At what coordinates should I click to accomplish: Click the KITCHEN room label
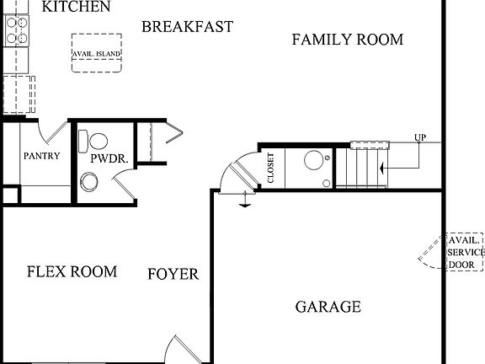[x=76, y=8]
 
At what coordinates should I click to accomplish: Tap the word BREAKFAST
[x=187, y=27]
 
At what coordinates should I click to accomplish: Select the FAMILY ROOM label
[x=347, y=40]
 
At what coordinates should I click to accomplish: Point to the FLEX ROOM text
[x=72, y=271]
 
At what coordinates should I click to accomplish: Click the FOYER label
[x=173, y=274]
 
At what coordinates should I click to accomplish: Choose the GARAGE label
[x=328, y=307]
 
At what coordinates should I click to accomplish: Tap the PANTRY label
[x=41, y=156]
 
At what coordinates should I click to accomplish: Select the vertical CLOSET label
[x=270, y=168]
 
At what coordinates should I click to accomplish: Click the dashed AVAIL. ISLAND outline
[x=97, y=53]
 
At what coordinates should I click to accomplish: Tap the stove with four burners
[x=17, y=30]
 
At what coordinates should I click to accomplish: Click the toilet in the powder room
[x=94, y=139]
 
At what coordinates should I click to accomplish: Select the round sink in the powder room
[x=90, y=181]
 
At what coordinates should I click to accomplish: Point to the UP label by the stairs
[x=419, y=137]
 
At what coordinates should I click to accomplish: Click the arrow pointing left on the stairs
[x=384, y=169]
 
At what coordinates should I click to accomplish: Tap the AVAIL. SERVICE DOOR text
[x=466, y=252]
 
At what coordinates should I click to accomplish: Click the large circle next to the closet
[x=313, y=159]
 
